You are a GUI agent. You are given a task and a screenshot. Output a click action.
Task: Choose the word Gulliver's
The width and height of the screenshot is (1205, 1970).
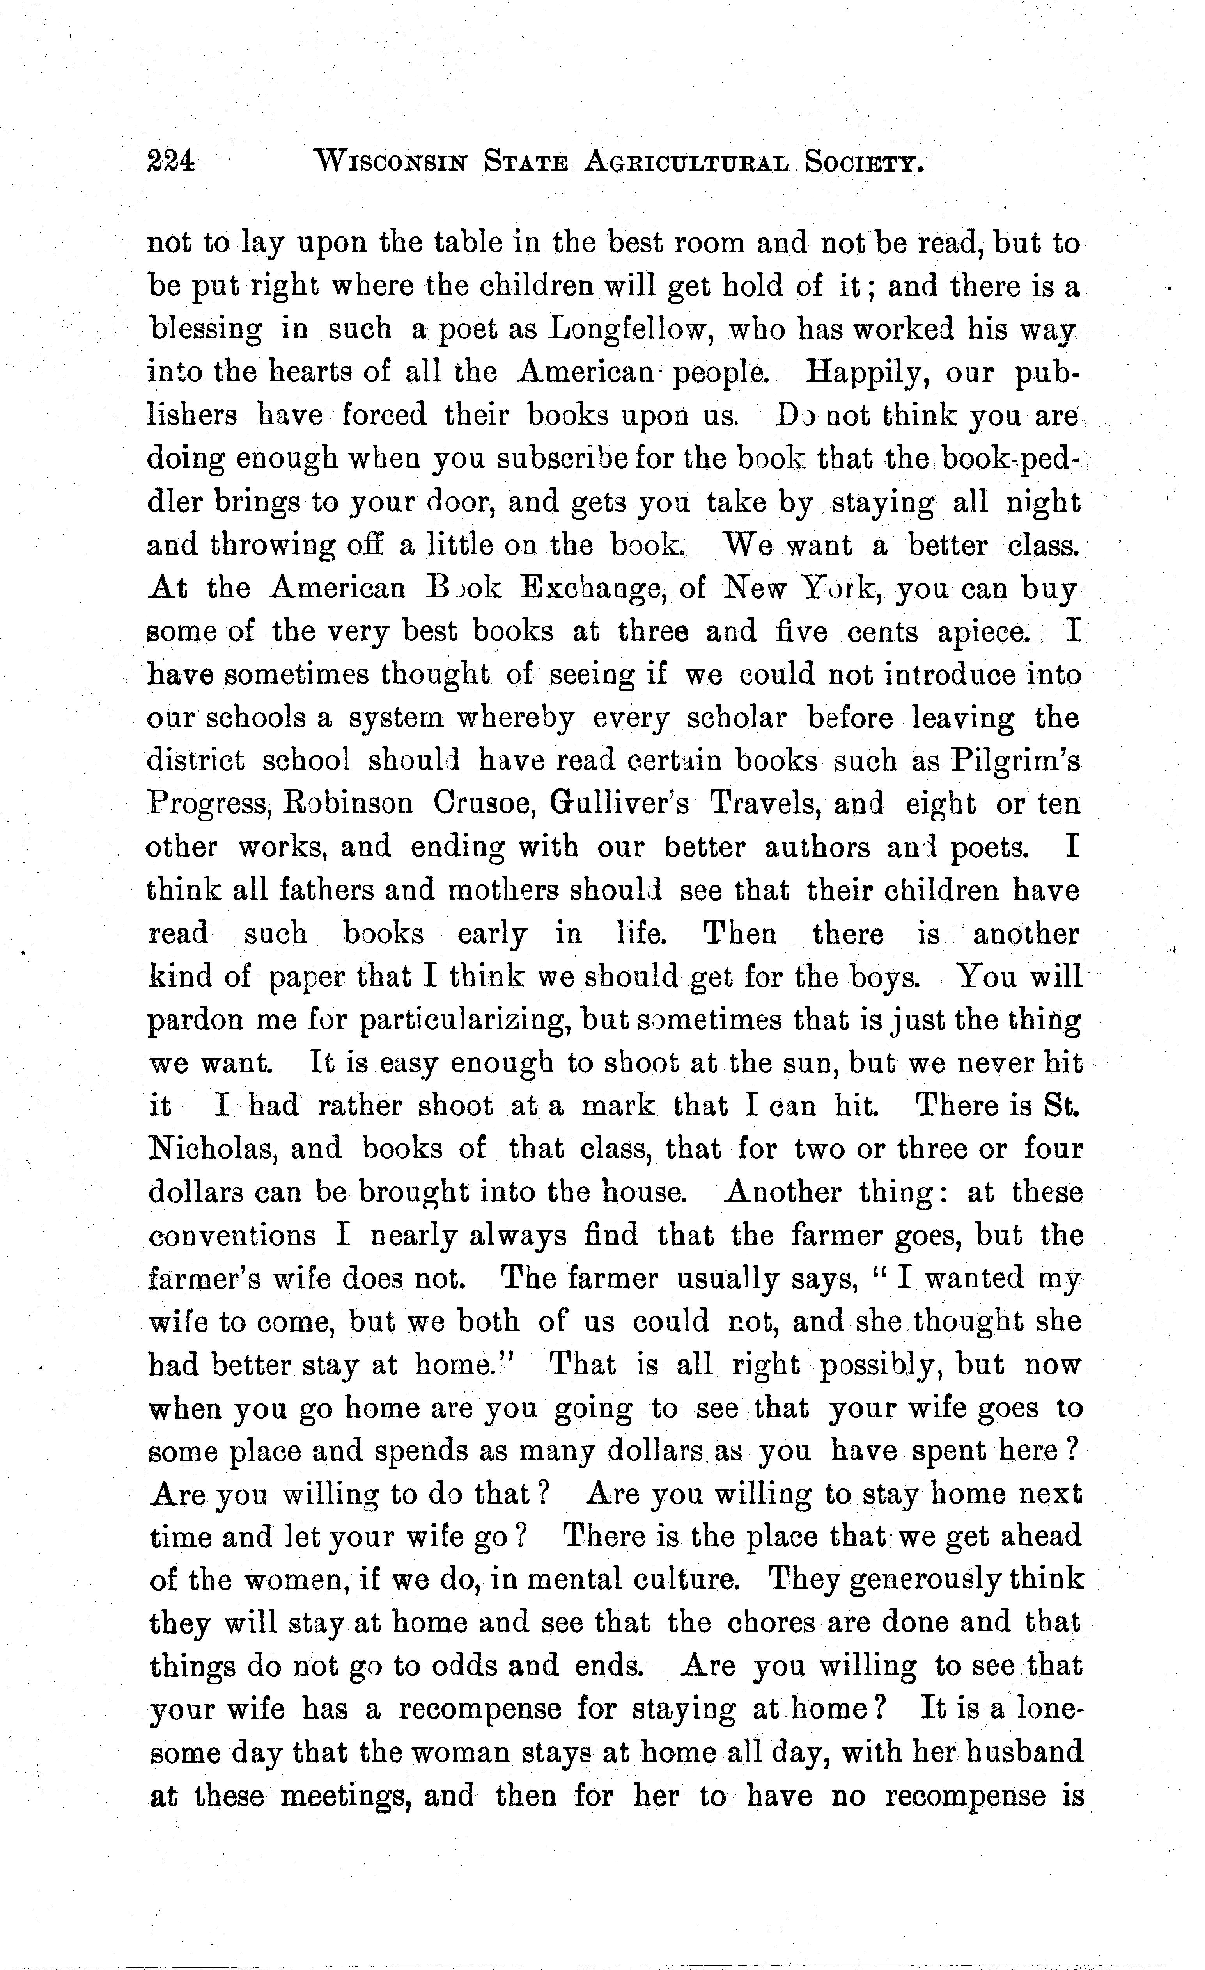point(619,804)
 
